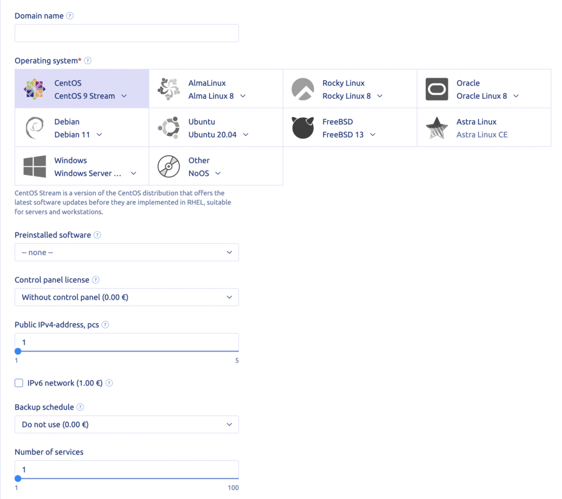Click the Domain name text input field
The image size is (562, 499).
click(126, 33)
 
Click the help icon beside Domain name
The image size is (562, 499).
click(70, 16)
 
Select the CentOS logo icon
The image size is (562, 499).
click(35, 89)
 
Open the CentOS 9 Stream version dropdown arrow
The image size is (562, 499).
click(124, 96)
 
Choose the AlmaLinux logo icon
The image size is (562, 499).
click(168, 89)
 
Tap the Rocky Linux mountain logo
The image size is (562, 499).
click(302, 89)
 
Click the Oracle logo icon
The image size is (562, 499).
click(437, 89)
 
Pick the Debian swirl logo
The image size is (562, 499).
click(35, 128)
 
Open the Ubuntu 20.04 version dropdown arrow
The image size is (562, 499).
click(245, 135)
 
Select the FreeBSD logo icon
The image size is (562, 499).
click(302, 128)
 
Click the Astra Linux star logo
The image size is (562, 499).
click(437, 128)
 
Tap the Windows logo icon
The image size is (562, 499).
click(35, 166)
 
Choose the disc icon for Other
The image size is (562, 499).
click(168, 166)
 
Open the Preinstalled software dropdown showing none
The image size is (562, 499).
click(126, 252)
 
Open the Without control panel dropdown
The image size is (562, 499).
click(126, 297)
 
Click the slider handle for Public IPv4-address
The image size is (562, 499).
click(18, 351)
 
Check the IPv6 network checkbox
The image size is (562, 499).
click(19, 383)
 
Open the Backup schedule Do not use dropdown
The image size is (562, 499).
click(126, 424)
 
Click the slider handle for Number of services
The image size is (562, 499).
click(18, 478)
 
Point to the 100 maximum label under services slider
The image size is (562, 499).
click(233, 487)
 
